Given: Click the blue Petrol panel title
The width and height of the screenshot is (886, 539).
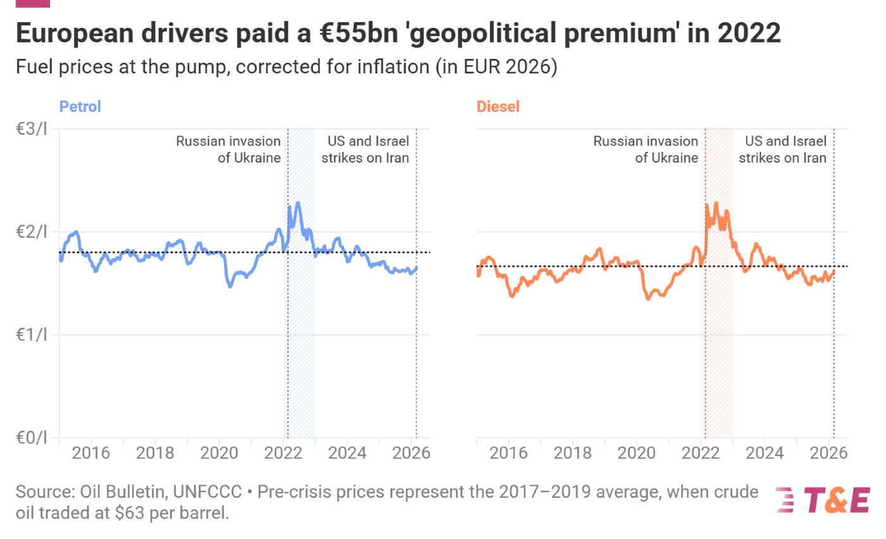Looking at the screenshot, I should click(x=80, y=106).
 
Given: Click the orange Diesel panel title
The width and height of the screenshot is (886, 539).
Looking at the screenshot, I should click(x=497, y=106).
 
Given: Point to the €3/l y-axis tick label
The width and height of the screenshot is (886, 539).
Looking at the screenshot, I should click(x=32, y=129).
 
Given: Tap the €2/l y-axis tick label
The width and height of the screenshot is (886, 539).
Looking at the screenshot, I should click(x=32, y=232).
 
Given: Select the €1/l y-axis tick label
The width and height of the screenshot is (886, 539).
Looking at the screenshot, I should click(x=32, y=335).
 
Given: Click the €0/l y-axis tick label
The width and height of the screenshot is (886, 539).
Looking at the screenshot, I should click(x=32, y=437).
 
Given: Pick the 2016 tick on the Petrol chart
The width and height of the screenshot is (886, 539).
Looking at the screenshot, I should click(x=92, y=453).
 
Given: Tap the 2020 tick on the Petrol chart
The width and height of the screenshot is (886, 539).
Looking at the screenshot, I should click(x=219, y=453).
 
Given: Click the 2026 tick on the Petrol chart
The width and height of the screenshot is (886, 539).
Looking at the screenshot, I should click(x=411, y=453).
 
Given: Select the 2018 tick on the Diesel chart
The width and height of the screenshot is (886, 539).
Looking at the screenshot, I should click(x=573, y=453).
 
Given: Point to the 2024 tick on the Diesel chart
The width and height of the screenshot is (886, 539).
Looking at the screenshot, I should click(x=764, y=453).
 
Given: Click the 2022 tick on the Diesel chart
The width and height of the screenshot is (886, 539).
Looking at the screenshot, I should click(x=701, y=453).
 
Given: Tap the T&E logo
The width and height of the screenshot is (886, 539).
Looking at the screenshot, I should click(x=823, y=500).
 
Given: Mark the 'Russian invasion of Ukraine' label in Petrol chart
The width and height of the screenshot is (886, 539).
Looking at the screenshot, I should click(x=228, y=149).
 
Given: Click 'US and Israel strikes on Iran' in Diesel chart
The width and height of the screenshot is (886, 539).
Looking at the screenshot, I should click(x=783, y=149).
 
